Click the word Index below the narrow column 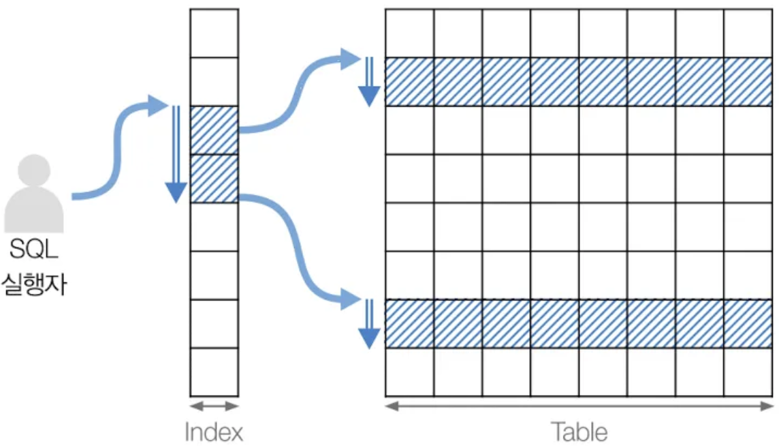coord(214,432)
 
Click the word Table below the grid coord(579,432)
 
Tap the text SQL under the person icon coord(34,250)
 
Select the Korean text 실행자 coord(34,283)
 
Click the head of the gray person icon coord(34,171)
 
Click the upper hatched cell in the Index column coord(214,130)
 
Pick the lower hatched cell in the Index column coord(214,179)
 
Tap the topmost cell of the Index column coord(214,33)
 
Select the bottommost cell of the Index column coord(214,372)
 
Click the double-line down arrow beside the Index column coord(176,154)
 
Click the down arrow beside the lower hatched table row coord(369,324)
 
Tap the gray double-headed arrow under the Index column coord(214,406)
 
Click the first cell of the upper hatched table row coord(410,82)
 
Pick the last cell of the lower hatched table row coord(748,324)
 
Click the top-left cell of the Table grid coord(410,33)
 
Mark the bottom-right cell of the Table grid coord(748,372)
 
